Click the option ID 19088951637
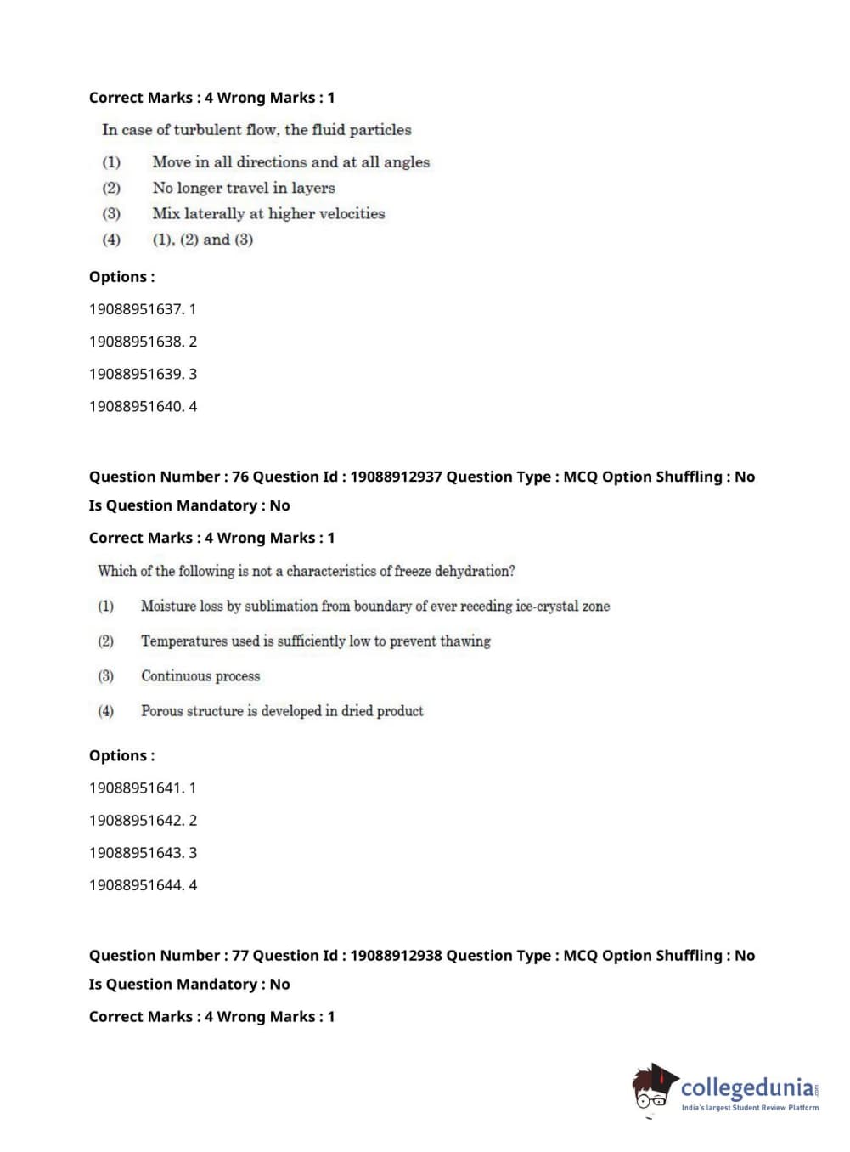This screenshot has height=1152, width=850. [136, 309]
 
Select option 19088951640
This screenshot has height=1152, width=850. [136, 406]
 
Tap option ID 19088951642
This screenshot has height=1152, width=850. [136, 820]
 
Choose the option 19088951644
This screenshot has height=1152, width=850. [136, 884]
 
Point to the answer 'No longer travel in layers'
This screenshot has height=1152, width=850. [244, 188]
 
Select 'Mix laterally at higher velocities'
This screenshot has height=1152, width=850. [268, 213]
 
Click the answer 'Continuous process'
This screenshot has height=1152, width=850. [200, 676]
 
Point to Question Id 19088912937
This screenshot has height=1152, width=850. [396, 477]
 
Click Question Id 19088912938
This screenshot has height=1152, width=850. [396, 955]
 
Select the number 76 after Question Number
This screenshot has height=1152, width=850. [240, 477]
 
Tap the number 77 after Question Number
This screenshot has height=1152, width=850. [240, 955]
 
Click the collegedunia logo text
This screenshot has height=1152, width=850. [747, 1087]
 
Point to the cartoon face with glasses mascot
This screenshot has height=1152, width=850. [652, 1089]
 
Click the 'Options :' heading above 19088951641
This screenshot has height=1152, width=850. [122, 755]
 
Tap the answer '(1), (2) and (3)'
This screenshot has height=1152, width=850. [203, 240]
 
